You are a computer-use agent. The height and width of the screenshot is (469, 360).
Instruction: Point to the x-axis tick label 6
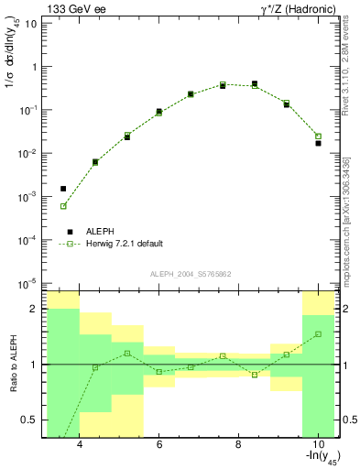click(x=159, y=445)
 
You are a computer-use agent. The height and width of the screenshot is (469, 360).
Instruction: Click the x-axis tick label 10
click(x=317, y=445)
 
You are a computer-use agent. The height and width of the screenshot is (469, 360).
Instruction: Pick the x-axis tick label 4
click(x=81, y=445)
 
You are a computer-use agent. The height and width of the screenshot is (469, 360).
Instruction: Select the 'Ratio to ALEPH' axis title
click(x=12, y=365)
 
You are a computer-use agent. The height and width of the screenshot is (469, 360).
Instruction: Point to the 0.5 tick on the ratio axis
click(x=30, y=420)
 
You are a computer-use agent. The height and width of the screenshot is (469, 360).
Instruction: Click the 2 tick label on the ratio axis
click(x=34, y=310)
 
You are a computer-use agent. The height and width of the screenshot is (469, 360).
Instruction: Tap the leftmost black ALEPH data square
click(x=63, y=189)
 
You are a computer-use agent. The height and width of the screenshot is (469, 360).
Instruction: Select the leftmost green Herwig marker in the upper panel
click(x=63, y=206)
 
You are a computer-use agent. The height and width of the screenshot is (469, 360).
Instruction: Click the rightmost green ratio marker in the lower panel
click(x=318, y=334)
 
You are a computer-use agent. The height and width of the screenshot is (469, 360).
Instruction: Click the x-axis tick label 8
click(x=238, y=445)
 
